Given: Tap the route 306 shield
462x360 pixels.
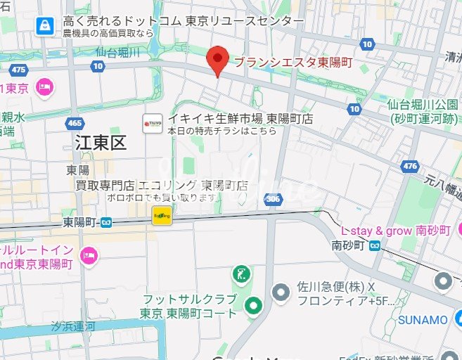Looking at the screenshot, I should [x=276, y=200].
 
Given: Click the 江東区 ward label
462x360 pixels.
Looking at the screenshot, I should [x=101, y=144].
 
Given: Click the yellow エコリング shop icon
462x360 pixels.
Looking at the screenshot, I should [x=162, y=215].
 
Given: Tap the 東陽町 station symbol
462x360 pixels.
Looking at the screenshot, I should [x=106, y=222].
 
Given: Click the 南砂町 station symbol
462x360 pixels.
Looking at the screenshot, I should [x=376, y=245].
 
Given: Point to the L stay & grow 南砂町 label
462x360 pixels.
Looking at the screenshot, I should [x=393, y=231].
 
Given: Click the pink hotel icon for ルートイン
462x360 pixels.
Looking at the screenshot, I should [x=88, y=255].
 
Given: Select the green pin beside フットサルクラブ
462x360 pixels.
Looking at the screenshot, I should [x=253, y=304].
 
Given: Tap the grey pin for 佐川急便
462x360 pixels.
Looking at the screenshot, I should [x=281, y=290].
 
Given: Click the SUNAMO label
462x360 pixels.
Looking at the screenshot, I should [x=423, y=320].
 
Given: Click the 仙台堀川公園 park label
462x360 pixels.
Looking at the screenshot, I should [x=423, y=111].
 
